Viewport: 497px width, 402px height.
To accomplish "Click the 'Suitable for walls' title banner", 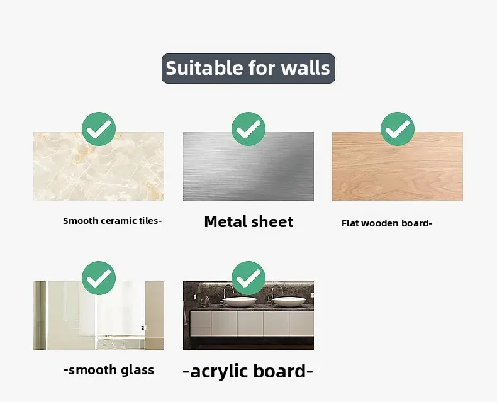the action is point(248,69).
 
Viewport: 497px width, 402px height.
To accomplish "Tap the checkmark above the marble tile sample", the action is point(99,129).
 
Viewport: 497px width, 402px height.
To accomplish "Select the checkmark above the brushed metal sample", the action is point(248,129).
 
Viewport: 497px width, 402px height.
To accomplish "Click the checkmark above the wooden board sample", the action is point(398,129).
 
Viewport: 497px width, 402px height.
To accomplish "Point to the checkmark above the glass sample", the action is point(99,278).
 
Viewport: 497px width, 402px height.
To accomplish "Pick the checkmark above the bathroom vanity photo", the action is point(248,278).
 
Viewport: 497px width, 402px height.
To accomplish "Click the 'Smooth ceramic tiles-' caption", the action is point(113,221).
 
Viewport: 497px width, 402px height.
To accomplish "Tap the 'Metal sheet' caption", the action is point(249,221).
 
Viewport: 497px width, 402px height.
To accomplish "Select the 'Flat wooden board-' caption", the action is point(387,223).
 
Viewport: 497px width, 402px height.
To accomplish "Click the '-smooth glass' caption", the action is point(109,370).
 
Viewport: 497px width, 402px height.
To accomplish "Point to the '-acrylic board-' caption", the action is point(248,371).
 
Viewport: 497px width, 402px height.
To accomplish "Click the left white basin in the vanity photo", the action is point(240,301).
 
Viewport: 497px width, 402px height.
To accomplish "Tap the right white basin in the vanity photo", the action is point(289,301).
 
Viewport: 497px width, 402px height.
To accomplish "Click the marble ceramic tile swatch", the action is point(99,167).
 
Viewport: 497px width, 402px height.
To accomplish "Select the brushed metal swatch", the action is point(248,167).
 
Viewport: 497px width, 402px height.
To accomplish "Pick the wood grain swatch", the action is point(398,167).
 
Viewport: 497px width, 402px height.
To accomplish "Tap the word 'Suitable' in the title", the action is point(204,68).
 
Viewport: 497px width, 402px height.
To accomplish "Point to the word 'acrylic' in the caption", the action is point(219,372).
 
